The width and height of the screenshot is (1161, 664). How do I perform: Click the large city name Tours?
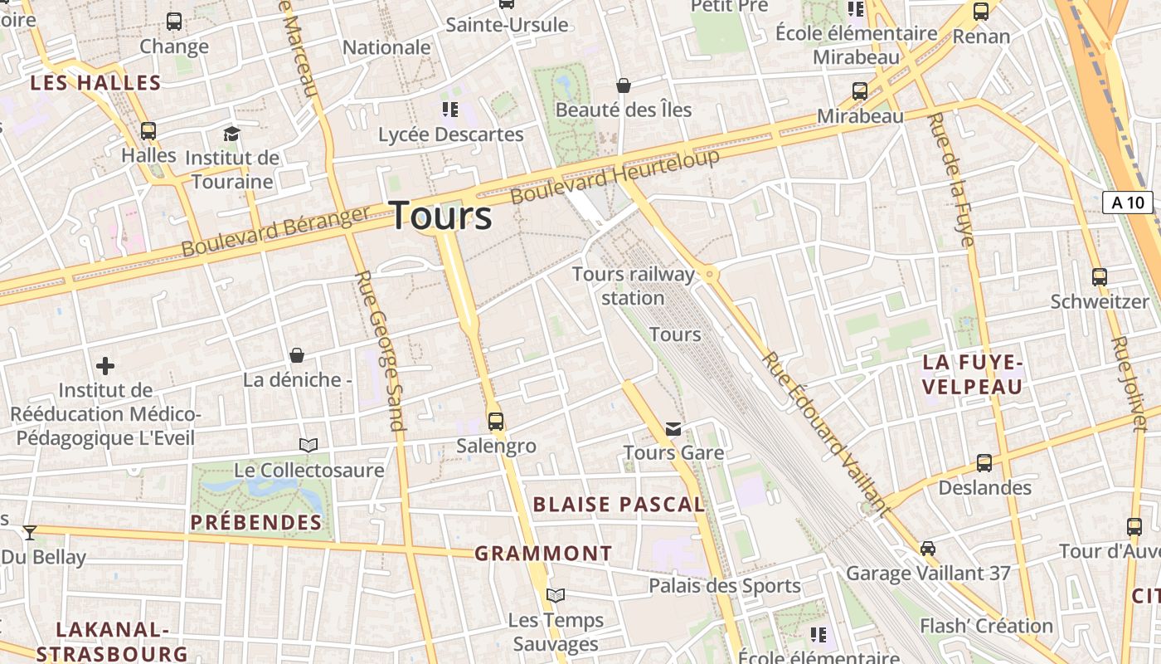(440, 216)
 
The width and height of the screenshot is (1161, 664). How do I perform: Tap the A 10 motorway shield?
(1128, 203)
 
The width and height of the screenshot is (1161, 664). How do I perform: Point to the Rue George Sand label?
(381, 350)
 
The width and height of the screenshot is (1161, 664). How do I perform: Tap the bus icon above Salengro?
(496, 422)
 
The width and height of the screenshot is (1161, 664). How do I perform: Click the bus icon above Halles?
(148, 131)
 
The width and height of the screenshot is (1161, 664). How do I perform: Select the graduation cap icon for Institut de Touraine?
(231, 134)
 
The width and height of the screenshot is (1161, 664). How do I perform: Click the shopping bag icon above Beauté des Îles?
(624, 85)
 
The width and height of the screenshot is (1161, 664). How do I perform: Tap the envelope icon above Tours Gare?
(673, 429)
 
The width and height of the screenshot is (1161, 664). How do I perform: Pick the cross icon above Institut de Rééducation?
(105, 365)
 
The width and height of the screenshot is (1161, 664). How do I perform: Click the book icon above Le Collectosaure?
(308, 446)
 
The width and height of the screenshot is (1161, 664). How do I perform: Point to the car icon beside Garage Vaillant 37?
(928, 549)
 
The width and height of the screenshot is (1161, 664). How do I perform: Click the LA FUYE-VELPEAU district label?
(973, 374)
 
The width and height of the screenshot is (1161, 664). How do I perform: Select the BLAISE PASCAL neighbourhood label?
(619, 504)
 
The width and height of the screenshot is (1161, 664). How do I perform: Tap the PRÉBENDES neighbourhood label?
(255, 522)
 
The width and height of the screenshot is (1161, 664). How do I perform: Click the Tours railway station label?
(634, 286)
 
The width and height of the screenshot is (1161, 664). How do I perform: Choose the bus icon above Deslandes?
(984, 463)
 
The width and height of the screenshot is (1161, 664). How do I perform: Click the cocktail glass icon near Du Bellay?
(30, 532)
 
